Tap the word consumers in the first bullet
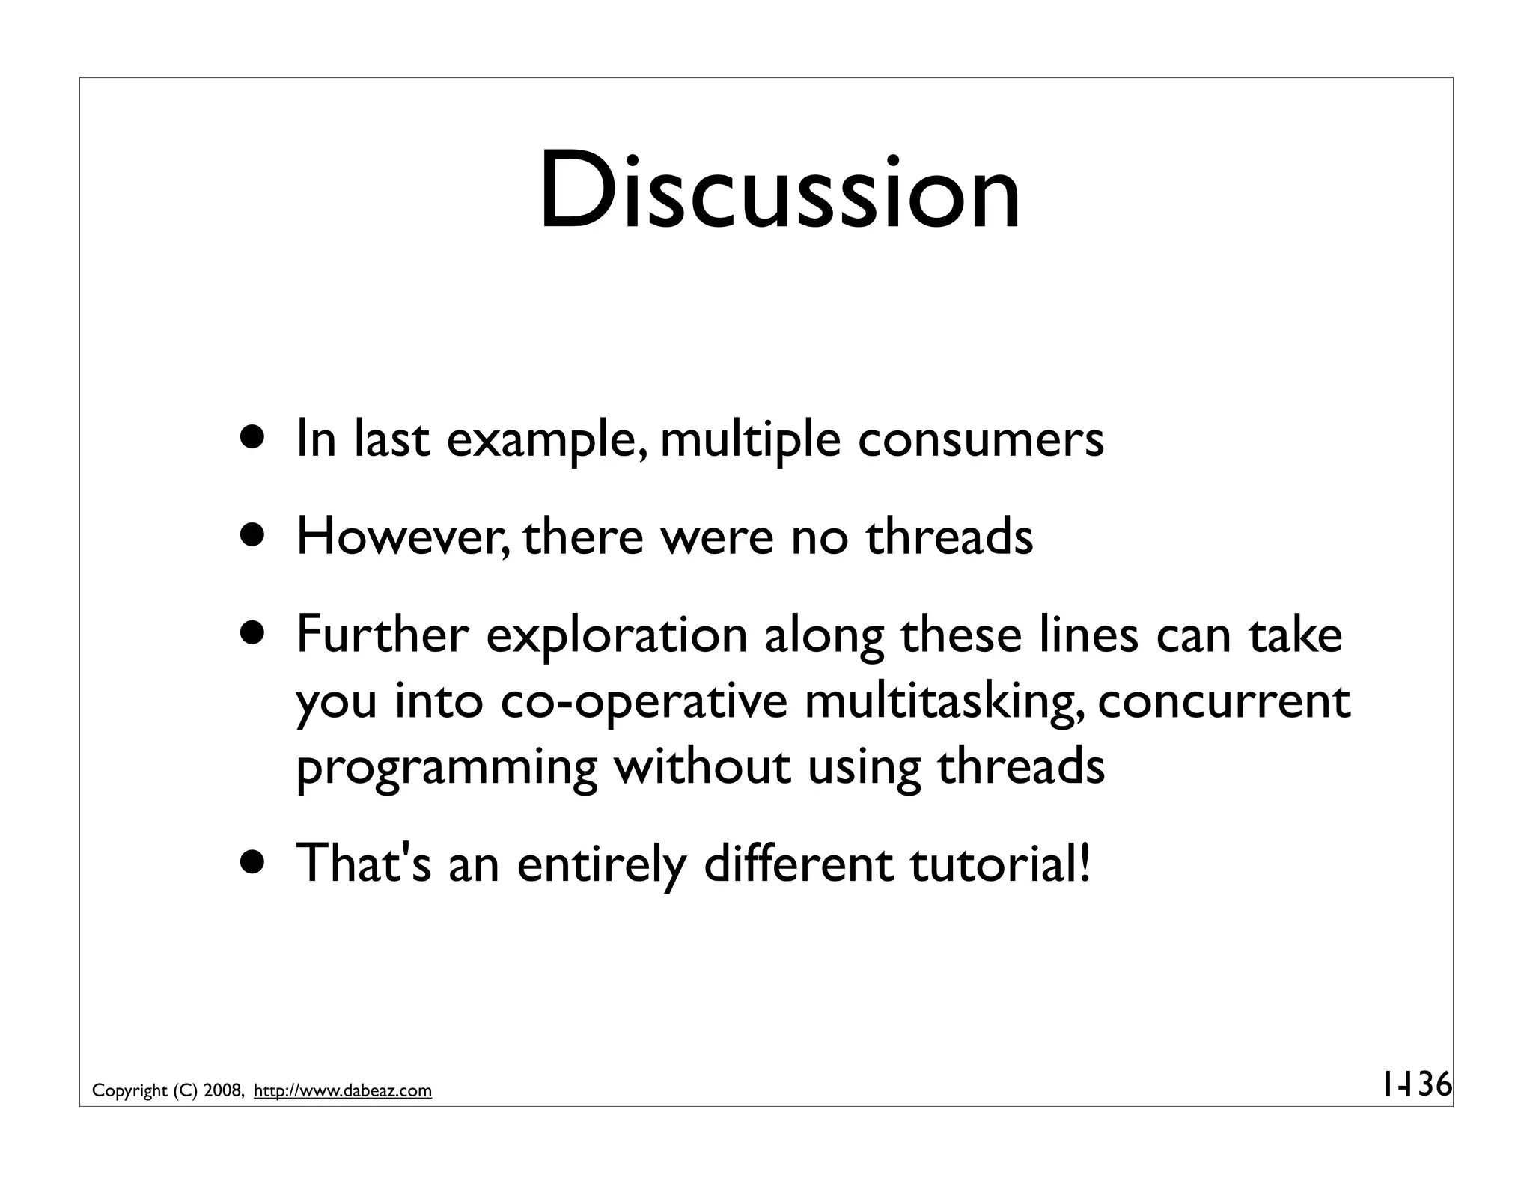pyautogui.click(x=980, y=439)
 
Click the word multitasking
pyautogui.click(x=944, y=702)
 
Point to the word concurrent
pyautogui.click(x=1224, y=702)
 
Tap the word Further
pyautogui.click(x=382, y=635)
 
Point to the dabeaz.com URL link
pyautogui.click(x=343, y=1091)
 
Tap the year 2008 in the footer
pyautogui.click(x=222, y=1091)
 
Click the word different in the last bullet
pyautogui.click(x=798, y=864)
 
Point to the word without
pyautogui.click(x=702, y=767)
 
